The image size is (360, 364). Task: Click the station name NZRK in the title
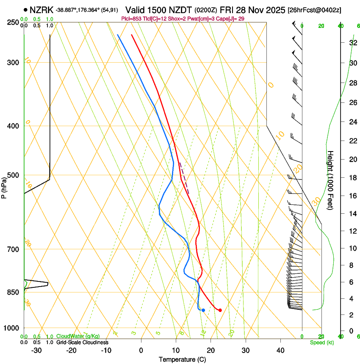click(x=42, y=10)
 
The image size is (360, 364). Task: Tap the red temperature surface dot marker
click(x=220, y=310)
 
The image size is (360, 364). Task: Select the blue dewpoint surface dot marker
click(x=203, y=310)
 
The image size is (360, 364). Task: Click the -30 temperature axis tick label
click(x=36, y=350)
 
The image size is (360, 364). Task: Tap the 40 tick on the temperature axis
click(x=280, y=350)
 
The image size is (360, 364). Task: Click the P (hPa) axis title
click(x=4, y=186)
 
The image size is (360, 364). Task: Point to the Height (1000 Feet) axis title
click(x=331, y=180)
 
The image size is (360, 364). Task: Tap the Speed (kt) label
click(x=321, y=342)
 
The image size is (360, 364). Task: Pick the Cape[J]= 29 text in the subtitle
click(x=231, y=19)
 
